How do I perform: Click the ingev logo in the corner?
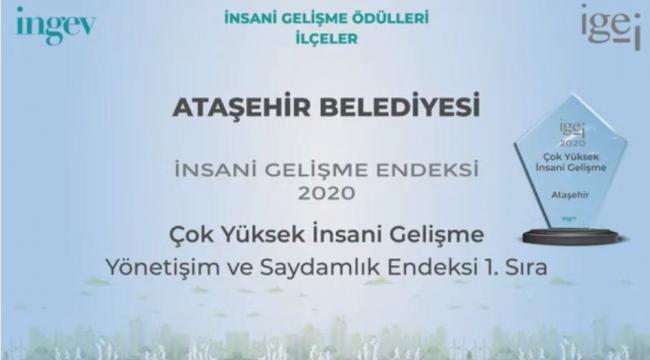coord(55,25)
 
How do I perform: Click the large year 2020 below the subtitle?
coord(326,189)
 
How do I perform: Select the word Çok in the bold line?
coord(187,236)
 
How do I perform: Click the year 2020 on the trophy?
coord(571,142)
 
